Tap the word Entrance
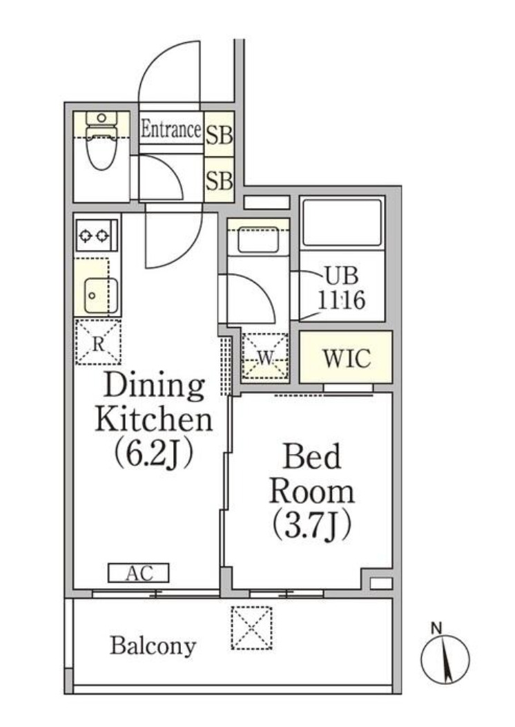[171, 129]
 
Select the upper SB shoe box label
[219, 135]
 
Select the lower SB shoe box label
[219, 180]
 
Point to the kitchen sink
[101, 296]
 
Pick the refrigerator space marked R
[98, 342]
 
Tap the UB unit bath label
[342, 276]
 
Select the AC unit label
[139, 573]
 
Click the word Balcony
[153, 646]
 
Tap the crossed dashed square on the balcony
[251, 627]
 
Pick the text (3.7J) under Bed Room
[311, 525]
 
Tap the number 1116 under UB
[341, 300]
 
